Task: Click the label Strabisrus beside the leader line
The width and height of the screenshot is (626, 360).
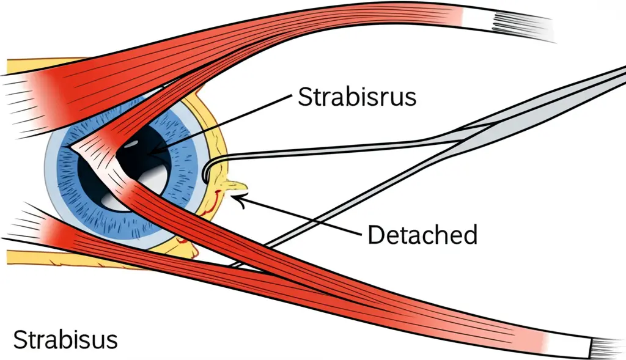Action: pos(358,97)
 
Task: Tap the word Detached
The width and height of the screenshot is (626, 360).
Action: pos(422,234)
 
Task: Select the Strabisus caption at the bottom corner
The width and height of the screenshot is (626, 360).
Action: pos(65,340)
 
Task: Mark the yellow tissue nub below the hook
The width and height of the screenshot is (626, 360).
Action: pos(235,184)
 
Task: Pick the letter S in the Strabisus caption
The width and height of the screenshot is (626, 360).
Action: pos(20,340)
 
